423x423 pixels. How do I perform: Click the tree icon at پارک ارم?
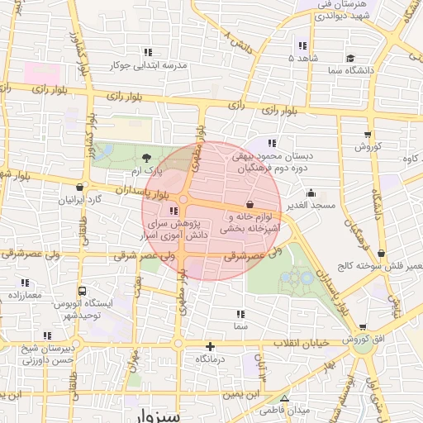tap(146, 157)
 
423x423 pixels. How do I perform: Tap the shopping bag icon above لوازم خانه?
tap(250, 204)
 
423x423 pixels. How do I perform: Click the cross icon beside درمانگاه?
tap(210, 346)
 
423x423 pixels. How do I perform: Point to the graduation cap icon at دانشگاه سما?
tap(350, 59)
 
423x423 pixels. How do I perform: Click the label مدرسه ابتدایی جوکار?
tap(148, 64)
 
